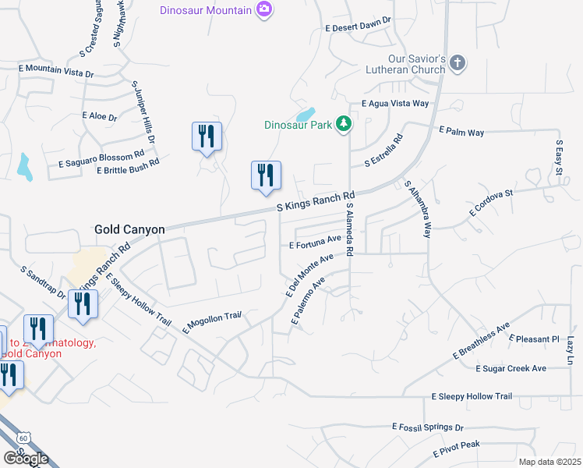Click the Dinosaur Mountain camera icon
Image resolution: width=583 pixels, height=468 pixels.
coord(265,9)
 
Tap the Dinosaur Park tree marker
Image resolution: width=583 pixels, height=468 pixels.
coord(343,123)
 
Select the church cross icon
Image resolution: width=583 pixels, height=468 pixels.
coord(458,62)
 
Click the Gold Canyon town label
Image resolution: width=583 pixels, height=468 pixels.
coord(129,229)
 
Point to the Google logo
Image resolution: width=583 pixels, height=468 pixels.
coord(26,458)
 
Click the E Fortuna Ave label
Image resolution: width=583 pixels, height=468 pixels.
coord(315,242)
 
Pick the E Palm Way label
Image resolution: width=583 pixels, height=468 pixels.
coord(461,132)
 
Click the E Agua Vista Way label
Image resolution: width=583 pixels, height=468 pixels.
coord(395,103)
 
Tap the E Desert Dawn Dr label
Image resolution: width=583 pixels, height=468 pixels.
coord(358,26)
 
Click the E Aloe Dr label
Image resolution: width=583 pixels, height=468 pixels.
coord(99,116)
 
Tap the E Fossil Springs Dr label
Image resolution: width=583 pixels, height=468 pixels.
coord(427,427)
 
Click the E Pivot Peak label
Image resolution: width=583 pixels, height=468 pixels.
coord(456,449)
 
